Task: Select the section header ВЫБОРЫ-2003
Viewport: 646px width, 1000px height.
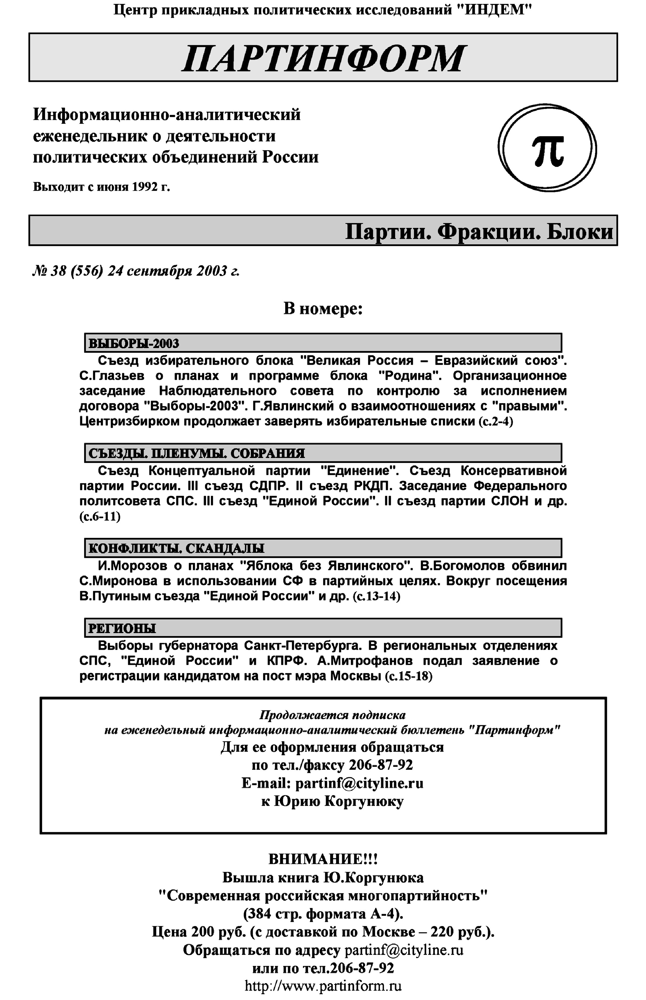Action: [134, 343]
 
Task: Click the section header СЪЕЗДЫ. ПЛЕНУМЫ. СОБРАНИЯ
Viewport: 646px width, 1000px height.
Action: [196, 453]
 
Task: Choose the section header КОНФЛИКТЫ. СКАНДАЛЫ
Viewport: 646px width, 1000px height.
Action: [176, 548]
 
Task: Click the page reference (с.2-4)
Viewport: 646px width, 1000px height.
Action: [496, 422]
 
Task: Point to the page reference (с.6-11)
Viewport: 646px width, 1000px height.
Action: [100, 517]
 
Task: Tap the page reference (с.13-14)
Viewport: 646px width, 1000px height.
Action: [376, 596]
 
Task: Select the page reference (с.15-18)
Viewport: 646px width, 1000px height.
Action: [408, 676]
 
